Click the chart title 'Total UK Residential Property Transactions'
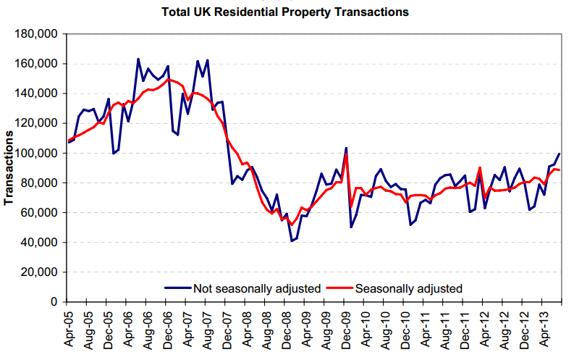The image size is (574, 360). [287, 12]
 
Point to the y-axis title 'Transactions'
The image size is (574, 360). [9, 167]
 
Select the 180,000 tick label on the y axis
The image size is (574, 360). [37, 34]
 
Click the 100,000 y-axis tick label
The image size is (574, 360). [37, 154]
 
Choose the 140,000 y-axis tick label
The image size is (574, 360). [37, 93]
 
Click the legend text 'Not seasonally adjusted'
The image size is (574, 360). [256, 288]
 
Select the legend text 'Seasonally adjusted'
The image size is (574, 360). [408, 288]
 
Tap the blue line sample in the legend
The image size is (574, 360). [177, 288]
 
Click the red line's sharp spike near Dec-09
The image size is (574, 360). [346, 154]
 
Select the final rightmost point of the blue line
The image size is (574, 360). [560, 154]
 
